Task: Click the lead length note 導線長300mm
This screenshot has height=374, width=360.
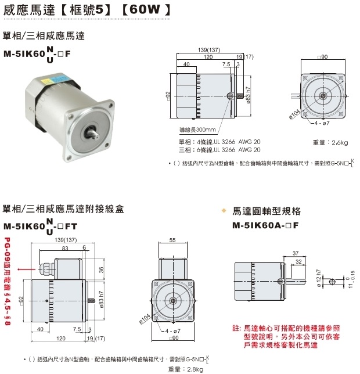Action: tap(197, 130)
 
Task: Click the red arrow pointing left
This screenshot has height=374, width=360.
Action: tap(24, 269)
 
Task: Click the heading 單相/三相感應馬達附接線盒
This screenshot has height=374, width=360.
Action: tap(63, 209)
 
